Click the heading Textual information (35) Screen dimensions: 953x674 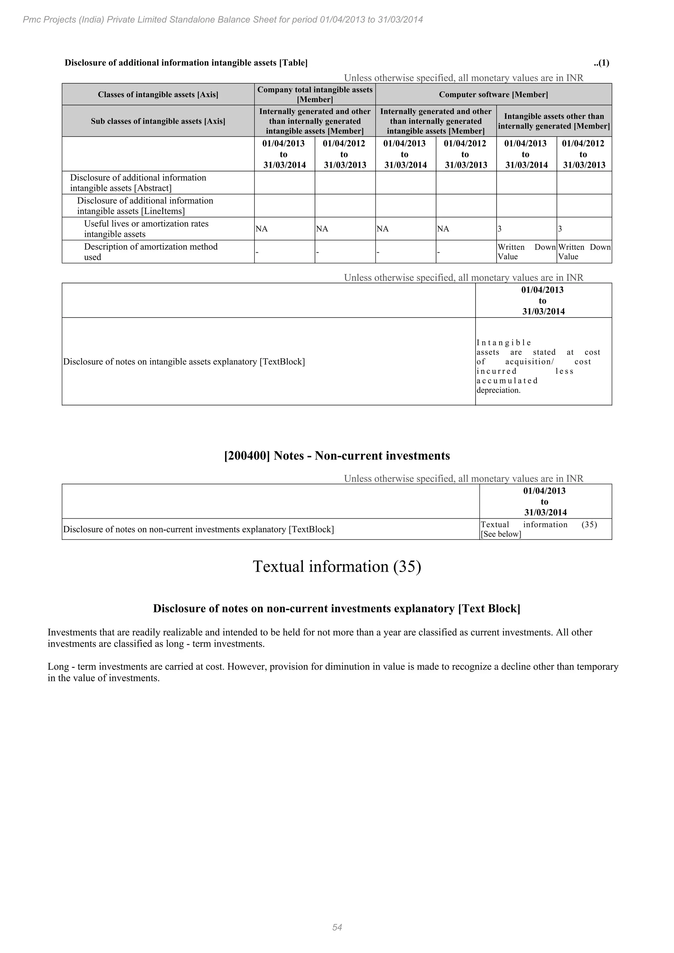click(337, 567)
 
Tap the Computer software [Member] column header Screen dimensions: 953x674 click(493, 95)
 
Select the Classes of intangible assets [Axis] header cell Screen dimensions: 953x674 click(158, 95)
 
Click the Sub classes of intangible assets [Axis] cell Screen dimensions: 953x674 click(158, 121)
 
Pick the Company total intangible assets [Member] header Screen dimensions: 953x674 click(315, 95)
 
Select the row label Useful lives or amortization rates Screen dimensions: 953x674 click(146, 229)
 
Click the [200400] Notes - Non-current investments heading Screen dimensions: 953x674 click(337, 456)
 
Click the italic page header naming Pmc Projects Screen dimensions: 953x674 click(223, 19)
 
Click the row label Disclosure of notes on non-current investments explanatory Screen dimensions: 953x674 click(198, 529)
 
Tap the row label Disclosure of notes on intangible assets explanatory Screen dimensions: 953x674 click(184, 362)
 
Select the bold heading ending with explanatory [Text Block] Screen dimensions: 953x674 click(337, 608)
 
